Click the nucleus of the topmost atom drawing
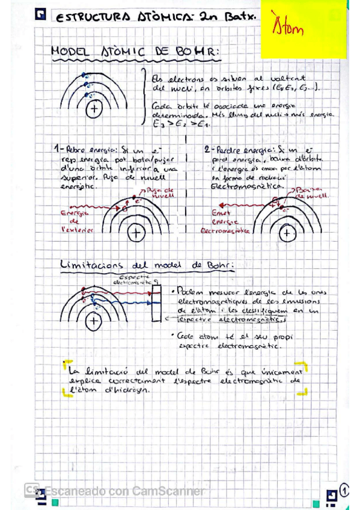(x=94, y=109)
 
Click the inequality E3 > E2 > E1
(x=178, y=124)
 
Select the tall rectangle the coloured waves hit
(x=156, y=306)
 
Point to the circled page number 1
(x=345, y=490)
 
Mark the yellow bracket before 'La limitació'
(x=66, y=366)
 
